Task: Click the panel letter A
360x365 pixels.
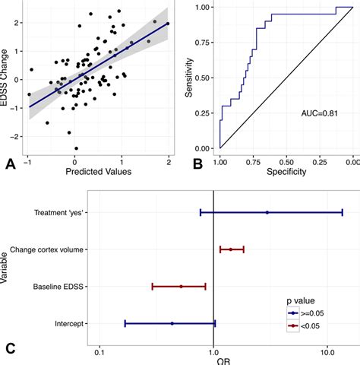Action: tap(10, 162)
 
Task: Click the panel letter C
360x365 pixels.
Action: tap(10, 348)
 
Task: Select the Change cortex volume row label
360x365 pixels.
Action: tap(52, 249)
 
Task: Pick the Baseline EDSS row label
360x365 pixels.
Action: tap(59, 287)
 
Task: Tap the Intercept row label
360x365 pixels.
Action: tap(69, 324)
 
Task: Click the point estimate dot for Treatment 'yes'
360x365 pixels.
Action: tap(267, 212)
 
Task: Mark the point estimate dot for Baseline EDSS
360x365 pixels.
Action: tap(181, 287)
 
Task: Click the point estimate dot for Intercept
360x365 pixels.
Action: tap(172, 324)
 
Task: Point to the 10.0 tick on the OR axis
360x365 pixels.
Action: tap(327, 354)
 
